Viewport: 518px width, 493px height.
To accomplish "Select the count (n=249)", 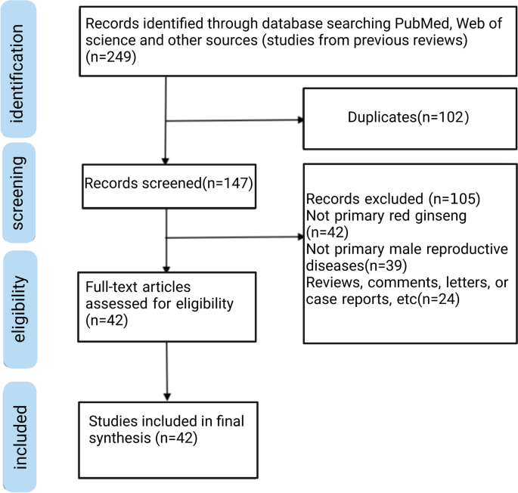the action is tap(110, 57).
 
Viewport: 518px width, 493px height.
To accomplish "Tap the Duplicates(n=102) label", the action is tap(408, 117).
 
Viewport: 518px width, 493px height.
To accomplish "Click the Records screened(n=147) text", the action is tap(169, 184).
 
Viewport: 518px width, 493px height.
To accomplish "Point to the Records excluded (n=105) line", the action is tap(393, 199).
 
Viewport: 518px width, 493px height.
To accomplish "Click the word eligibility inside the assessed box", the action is tap(204, 304).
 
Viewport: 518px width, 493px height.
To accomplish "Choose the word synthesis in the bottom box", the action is tap(120, 439).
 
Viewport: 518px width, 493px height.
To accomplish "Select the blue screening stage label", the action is tap(18, 193).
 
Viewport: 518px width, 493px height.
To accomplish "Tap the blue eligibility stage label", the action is tap(20, 309).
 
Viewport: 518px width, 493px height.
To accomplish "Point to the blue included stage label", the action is tap(20, 437).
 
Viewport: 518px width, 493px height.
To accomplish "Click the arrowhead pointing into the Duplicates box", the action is tap(301, 120).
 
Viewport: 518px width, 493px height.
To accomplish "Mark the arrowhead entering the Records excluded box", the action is tap(301, 237).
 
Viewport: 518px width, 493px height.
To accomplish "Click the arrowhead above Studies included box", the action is tap(167, 397).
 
